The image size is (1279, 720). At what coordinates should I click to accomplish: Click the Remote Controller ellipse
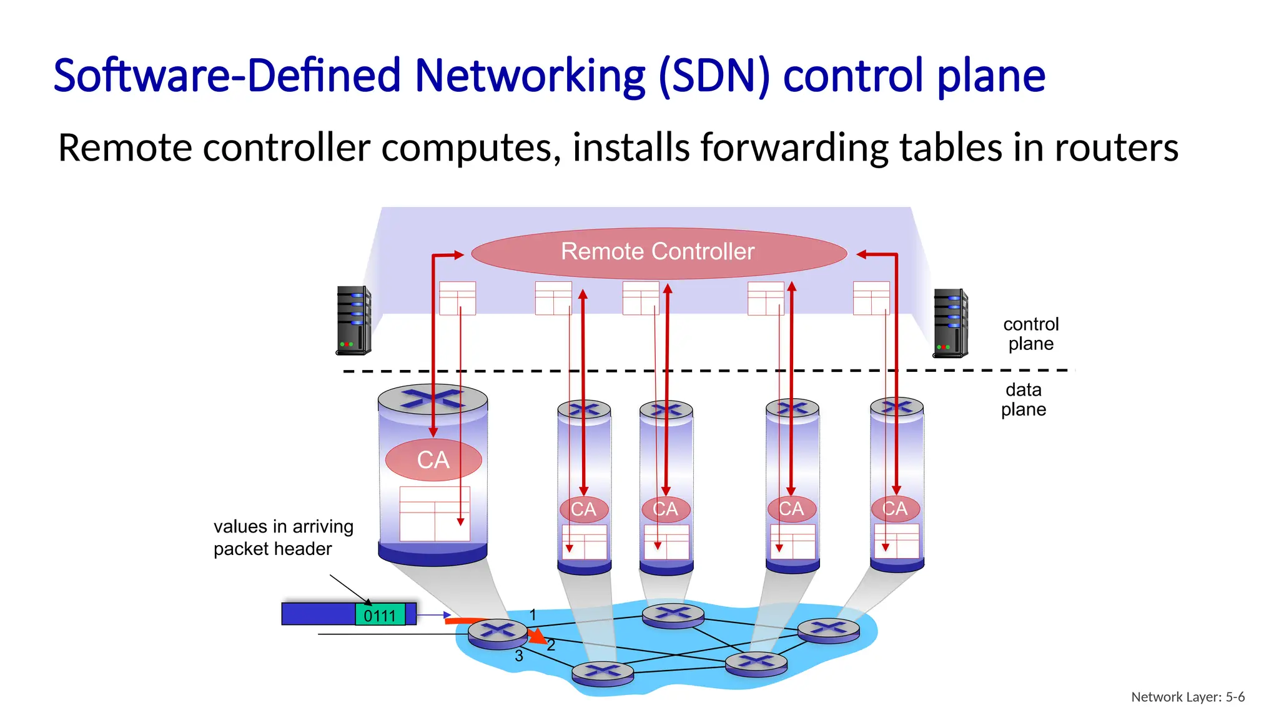pyautogui.click(x=658, y=252)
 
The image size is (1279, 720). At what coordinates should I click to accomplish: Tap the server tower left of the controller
pyautogui.click(x=353, y=321)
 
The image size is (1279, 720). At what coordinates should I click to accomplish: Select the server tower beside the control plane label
pyautogui.click(x=950, y=323)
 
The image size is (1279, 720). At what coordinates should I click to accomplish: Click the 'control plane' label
pyautogui.click(x=1030, y=334)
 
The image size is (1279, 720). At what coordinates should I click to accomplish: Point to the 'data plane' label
pyautogui.click(x=1024, y=399)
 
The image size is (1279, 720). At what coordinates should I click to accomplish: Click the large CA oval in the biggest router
pyautogui.click(x=433, y=460)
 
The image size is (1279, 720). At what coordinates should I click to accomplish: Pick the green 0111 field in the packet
pyautogui.click(x=380, y=616)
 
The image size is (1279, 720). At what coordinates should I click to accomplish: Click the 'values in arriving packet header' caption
pyautogui.click(x=284, y=537)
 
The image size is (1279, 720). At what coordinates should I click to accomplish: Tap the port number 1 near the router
pyautogui.click(x=533, y=615)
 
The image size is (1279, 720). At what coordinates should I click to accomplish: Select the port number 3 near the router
pyautogui.click(x=519, y=656)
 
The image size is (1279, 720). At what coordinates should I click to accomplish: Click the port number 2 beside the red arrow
pyautogui.click(x=551, y=646)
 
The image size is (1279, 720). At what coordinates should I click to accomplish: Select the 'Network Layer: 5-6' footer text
pyautogui.click(x=1187, y=697)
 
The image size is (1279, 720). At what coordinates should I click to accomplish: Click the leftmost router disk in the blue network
pyautogui.click(x=498, y=633)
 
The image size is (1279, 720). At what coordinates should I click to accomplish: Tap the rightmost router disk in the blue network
pyautogui.click(x=828, y=629)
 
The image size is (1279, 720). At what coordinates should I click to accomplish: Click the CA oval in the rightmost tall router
pyautogui.click(x=896, y=509)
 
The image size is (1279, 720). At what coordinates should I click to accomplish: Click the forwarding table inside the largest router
pyautogui.click(x=435, y=514)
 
